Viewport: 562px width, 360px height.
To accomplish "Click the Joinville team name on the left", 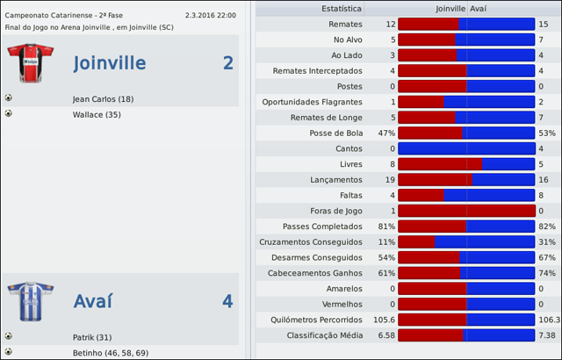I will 110,63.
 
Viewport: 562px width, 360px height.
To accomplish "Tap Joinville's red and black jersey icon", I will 30,62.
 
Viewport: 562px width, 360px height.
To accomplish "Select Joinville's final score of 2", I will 227,63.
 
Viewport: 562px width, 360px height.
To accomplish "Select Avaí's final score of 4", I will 227,301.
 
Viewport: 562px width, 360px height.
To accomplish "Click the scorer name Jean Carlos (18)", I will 103,99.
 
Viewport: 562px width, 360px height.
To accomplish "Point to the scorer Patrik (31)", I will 91,337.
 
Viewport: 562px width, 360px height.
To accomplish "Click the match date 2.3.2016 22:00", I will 210,15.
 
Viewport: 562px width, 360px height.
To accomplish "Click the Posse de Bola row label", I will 336,133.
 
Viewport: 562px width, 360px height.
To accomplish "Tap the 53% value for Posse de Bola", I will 547,133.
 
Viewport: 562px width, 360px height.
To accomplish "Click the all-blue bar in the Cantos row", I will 466,148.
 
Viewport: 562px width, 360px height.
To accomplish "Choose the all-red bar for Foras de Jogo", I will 466,211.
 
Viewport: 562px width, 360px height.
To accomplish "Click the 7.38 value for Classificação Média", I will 547,335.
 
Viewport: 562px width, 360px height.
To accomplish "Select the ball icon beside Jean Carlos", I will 8,98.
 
